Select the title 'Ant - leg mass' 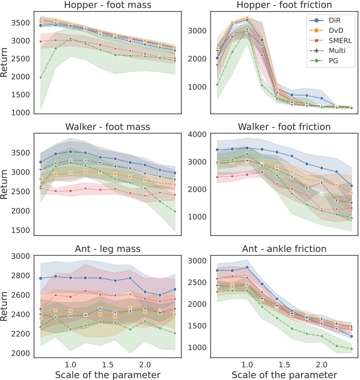pyautogui.click(x=107, y=248)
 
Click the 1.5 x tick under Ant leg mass pyautogui.click(x=107, y=364)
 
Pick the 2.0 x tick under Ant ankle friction pyautogui.click(x=321, y=364)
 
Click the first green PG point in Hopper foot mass pyautogui.click(x=41, y=78)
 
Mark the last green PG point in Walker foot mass pyautogui.click(x=174, y=211)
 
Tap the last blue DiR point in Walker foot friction pyautogui.click(x=351, y=186)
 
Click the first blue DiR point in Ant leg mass pyautogui.click(x=41, y=279)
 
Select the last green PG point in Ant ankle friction pyautogui.click(x=351, y=348)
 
